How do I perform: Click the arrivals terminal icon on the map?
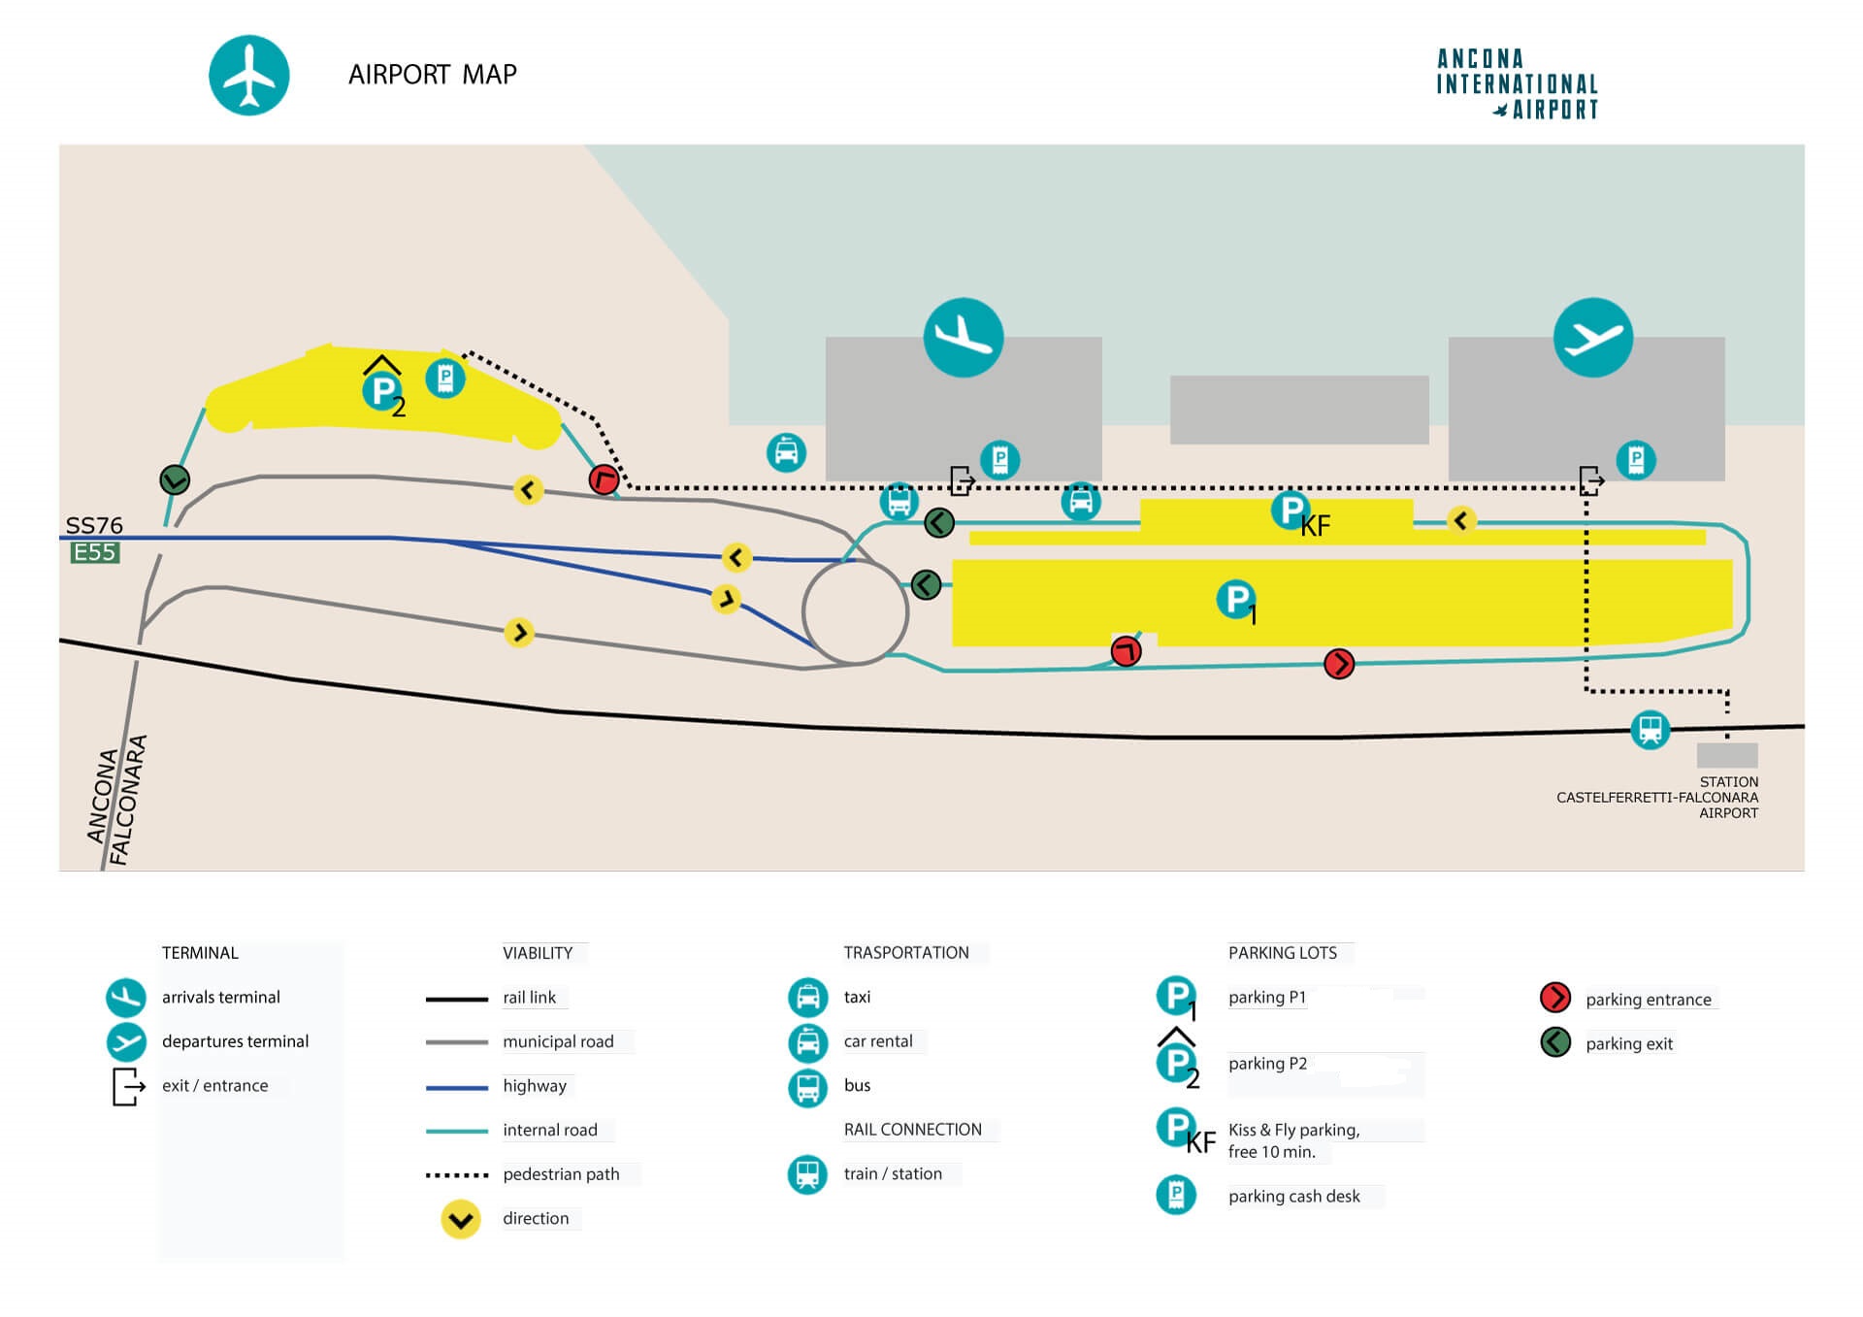(963, 337)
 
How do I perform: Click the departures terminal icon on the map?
(1592, 337)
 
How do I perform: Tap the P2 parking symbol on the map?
(383, 391)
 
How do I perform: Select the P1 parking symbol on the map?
(1235, 599)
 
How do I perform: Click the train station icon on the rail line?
(1650, 728)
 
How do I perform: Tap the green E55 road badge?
(95, 552)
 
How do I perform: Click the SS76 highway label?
(94, 525)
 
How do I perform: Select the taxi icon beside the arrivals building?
(786, 452)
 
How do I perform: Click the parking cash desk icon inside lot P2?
(445, 378)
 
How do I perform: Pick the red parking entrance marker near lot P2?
(604, 478)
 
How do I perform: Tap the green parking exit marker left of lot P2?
(175, 478)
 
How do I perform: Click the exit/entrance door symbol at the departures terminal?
(1591, 479)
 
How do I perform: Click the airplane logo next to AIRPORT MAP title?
(249, 76)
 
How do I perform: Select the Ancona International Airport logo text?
(1517, 84)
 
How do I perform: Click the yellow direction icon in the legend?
(461, 1219)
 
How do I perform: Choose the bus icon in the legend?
(807, 1086)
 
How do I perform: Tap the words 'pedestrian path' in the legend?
(561, 1174)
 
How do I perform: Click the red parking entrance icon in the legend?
(1555, 998)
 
